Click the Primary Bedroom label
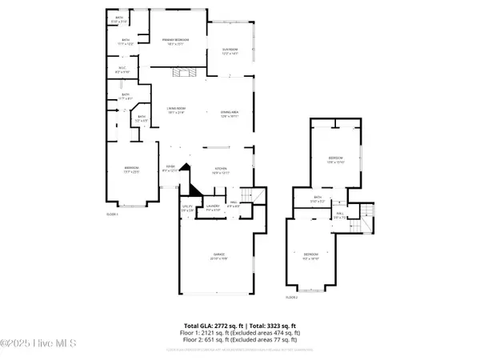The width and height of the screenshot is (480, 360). (x=175, y=41)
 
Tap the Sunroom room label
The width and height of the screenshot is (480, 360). (x=230, y=52)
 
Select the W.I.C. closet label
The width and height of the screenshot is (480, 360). (x=123, y=70)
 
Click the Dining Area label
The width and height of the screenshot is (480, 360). (x=230, y=114)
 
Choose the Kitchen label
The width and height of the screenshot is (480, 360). (x=221, y=170)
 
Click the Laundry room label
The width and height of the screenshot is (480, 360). (x=212, y=208)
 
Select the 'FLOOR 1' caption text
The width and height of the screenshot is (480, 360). (x=113, y=214)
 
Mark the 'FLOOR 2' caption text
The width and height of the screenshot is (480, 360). (x=292, y=297)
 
